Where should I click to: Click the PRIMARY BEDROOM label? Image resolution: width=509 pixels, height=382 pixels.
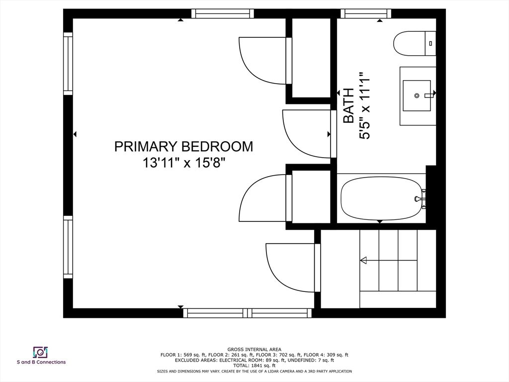click(183, 147)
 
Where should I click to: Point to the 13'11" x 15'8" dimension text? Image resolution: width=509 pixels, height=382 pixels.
click(184, 163)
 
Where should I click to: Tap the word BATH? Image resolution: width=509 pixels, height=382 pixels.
click(348, 105)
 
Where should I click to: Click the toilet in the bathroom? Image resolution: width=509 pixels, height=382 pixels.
click(415, 44)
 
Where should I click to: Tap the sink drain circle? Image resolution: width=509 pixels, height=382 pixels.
click(417, 95)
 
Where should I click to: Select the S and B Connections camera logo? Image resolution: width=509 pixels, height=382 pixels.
click(41, 352)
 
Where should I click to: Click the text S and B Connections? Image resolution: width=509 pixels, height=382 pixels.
click(41, 362)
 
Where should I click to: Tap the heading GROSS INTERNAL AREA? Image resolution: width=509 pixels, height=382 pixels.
click(254, 350)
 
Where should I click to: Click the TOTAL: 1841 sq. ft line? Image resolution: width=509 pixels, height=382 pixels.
click(254, 366)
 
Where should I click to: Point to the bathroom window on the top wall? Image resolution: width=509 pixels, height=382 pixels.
click(366, 13)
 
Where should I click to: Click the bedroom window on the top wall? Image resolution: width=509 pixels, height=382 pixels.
click(222, 13)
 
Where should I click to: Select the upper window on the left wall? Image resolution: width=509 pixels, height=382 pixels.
click(68, 64)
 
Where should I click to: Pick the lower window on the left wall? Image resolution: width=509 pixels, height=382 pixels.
click(68, 247)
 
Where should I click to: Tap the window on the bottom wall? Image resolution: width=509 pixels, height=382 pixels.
click(248, 313)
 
